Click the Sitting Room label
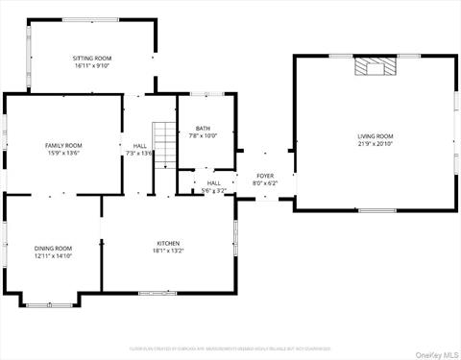91,59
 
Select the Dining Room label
54,248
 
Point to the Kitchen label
169,243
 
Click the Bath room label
203,128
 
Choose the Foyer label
264,176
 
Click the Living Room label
376,136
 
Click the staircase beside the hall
166,144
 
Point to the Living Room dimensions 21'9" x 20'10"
376,144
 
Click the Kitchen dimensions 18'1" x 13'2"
169,251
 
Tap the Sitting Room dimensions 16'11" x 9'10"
91,66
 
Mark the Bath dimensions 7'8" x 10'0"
203,135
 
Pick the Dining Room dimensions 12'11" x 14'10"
54,255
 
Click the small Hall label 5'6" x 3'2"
213,186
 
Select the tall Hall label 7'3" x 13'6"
139,149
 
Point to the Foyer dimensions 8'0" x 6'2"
264,183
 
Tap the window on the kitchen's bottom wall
158,293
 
